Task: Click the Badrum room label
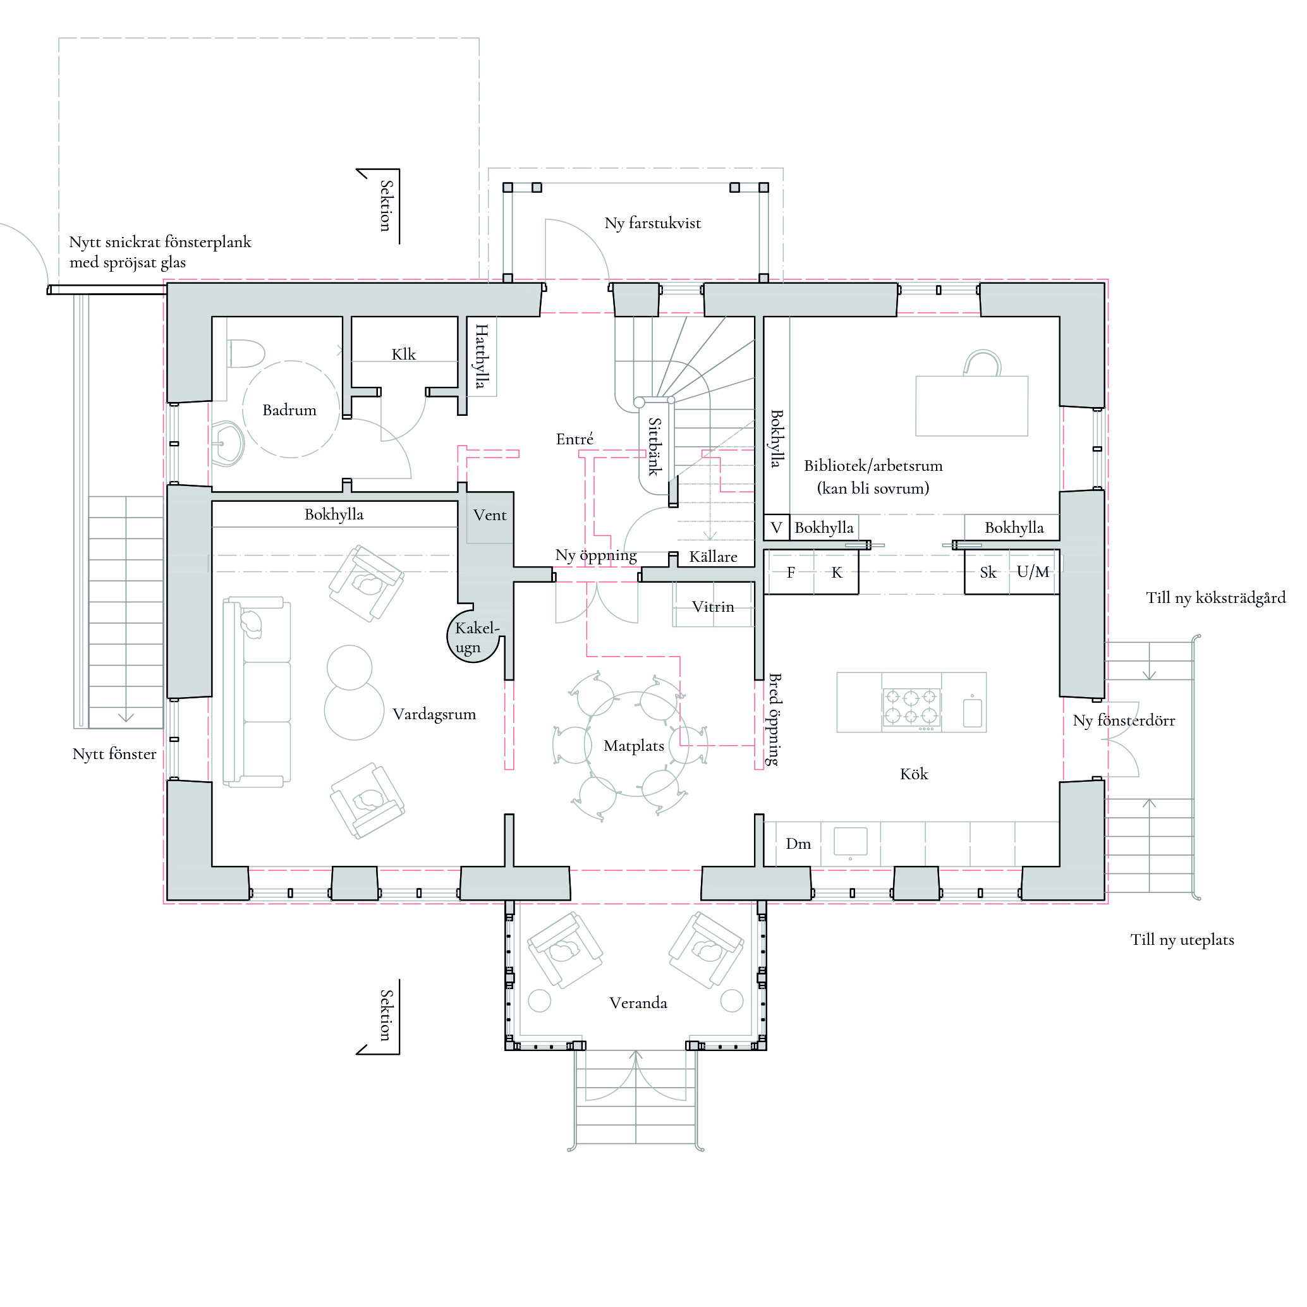(x=289, y=410)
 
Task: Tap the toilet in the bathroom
(x=244, y=354)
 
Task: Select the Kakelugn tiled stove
(x=473, y=636)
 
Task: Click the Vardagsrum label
(x=434, y=714)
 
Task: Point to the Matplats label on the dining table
(x=634, y=746)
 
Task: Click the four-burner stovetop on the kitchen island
(x=911, y=708)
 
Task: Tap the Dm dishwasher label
(x=798, y=844)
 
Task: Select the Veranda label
(x=638, y=1002)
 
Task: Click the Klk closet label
(x=404, y=354)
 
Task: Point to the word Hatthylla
(x=481, y=356)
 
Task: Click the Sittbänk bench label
(x=654, y=446)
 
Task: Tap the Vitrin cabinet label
(x=713, y=607)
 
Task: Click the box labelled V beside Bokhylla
(x=777, y=528)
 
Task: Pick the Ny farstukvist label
(x=653, y=223)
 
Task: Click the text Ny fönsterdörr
(x=1124, y=720)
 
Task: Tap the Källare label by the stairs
(x=713, y=557)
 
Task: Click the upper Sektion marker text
(x=386, y=205)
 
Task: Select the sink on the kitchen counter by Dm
(x=850, y=842)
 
